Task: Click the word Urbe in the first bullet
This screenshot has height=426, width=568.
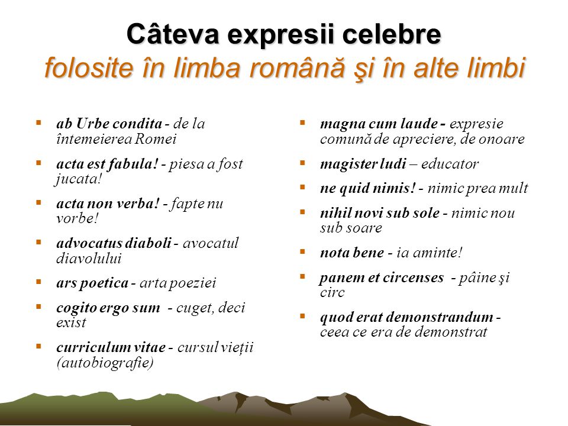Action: tap(90, 124)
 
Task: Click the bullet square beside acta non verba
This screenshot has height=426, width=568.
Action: tap(38, 202)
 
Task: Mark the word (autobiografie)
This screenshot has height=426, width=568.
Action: tap(105, 362)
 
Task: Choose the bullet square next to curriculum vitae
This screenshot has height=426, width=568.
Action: tap(38, 346)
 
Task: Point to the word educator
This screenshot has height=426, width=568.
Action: tap(450, 164)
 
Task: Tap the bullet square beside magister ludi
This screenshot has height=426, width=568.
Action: tap(302, 163)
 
